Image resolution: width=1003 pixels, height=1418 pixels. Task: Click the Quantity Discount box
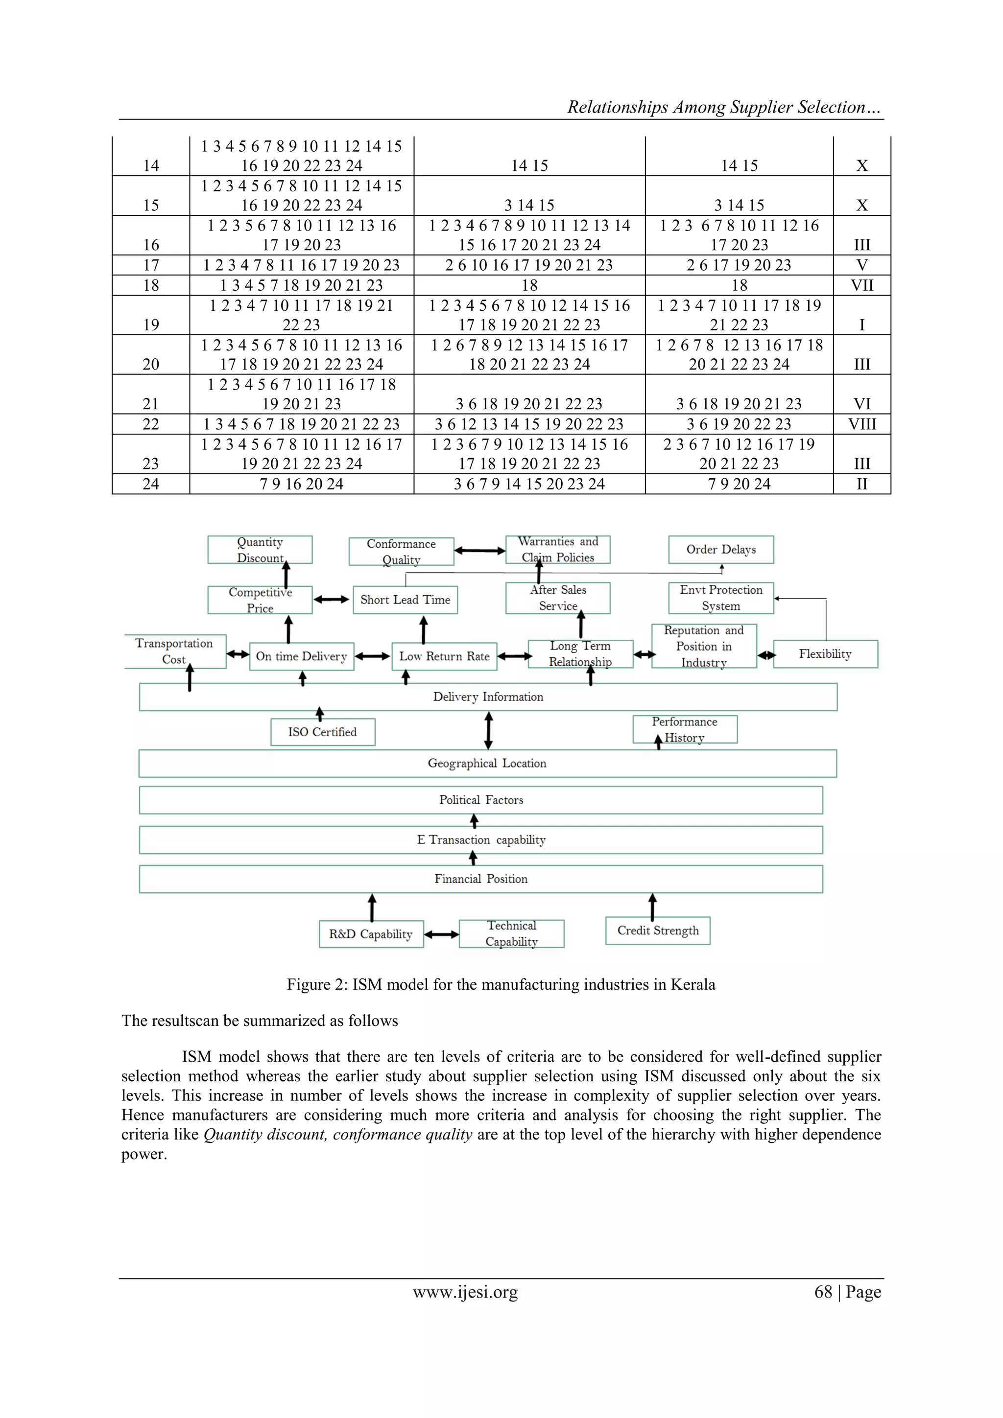click(x=260, y=550)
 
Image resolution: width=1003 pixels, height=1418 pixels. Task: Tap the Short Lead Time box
click(x=405, y=600)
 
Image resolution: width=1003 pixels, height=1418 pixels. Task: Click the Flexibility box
click(x=825, y=654)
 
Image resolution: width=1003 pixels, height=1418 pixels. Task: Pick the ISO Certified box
click(x=323, y=732)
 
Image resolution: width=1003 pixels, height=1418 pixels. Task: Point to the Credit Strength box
click(x=658, y=930)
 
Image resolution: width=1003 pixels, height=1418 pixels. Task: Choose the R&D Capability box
click(x=371, y=934)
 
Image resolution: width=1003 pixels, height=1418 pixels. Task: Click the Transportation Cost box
click(x=174, y=651)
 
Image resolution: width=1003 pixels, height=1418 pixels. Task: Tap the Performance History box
click(x=685, y=729)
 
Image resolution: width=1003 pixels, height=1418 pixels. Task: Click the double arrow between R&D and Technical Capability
click(x=441, y=934)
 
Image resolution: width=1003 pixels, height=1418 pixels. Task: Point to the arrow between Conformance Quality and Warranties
click(x=479, y=550)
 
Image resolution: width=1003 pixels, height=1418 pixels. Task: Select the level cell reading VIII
click(x=861, y=424)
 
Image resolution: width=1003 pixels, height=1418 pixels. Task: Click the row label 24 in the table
click(x=151, y=484)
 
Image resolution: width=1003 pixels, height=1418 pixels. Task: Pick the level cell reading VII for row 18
click(x=861, y=285)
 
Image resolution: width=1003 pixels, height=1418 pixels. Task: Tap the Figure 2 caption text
click(x=501, y=984)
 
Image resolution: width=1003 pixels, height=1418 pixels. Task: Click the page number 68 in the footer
click(x=823, y=1292)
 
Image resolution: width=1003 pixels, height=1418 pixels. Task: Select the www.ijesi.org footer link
click(x=465, y=1292)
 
